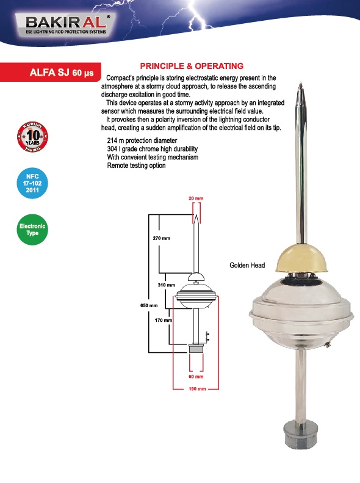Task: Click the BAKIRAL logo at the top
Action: point(65,24)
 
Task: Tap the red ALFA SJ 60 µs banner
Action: point(51,73)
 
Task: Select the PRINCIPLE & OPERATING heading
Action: point(192,66)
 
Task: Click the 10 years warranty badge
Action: point(32,136)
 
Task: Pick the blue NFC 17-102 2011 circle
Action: point(32,183)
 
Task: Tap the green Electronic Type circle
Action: point(32,230)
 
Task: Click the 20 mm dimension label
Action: point(196,198)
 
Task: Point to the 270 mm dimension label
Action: point(161,238)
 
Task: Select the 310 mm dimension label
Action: point(167,285)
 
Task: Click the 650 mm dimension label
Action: point(149,305)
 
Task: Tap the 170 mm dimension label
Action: point(164,320)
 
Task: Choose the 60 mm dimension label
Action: point(196,376)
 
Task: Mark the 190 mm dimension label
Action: point(197,389)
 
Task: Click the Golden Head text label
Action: point(247,265)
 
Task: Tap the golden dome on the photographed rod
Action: point(301,259)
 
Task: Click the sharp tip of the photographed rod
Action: point(301,83)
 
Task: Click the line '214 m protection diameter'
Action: point(142,140)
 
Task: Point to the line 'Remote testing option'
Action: point(136,165)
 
